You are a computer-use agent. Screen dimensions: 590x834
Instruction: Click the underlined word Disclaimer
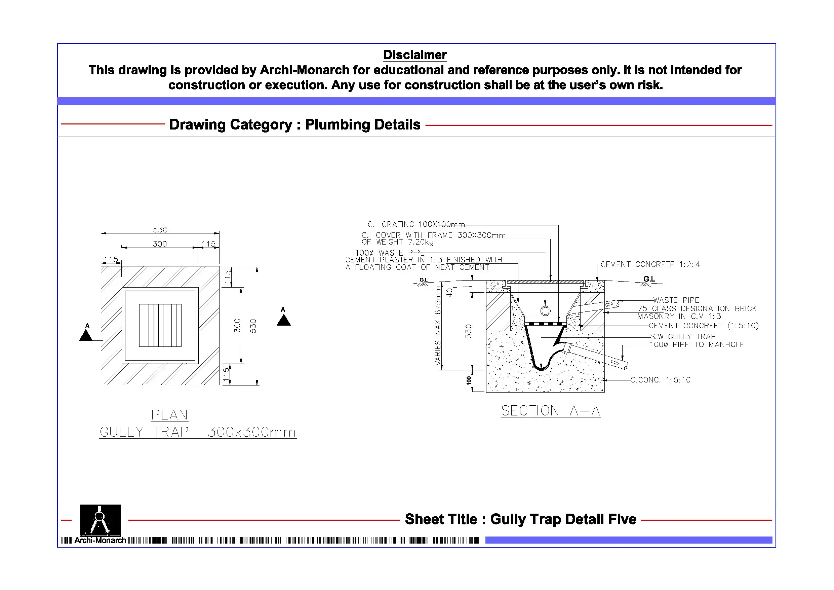click(415, 55)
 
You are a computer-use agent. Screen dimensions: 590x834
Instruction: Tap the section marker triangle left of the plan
click(86, 335)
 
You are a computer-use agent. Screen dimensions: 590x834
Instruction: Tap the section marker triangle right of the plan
click(284, 320)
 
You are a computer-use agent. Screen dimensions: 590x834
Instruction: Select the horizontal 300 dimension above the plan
click(159, 244)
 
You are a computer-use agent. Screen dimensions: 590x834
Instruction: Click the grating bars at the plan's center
click(160, 325)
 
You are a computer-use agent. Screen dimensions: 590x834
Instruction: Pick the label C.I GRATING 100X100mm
click(416, 224)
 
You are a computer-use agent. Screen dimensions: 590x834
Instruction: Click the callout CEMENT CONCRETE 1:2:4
click(650, 264)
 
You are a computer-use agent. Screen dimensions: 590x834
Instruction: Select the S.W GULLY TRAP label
click(683, 336)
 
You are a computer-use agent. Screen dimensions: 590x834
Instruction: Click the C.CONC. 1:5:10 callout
click(660, 380)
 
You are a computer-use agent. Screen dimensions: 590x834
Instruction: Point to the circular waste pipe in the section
click(545, 311)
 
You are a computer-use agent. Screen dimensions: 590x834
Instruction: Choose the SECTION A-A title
click(550, 411)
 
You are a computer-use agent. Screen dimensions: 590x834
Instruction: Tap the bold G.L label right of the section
click(649, 279)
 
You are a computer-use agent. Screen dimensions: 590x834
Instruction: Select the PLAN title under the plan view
click(169, 415)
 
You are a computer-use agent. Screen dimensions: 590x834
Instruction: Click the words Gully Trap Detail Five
click(563, 519)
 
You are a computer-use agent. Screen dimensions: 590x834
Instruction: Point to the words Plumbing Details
click(362, 124)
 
